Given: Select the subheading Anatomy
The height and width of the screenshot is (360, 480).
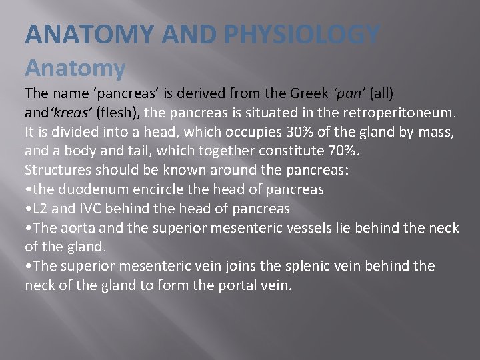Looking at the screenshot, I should pyautogui.click(x=75, y=67).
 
